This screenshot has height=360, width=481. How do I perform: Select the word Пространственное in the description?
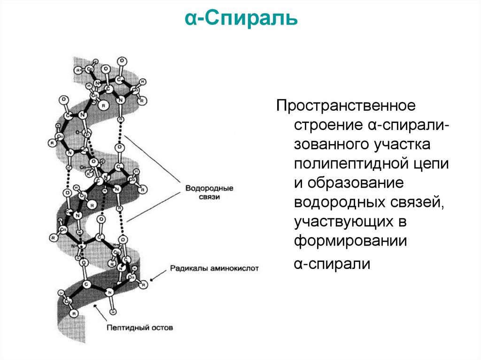click(346, 105)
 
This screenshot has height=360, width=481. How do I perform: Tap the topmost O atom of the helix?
click(122, 61)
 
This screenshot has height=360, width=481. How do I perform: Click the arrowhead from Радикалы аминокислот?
click(151, 280)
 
